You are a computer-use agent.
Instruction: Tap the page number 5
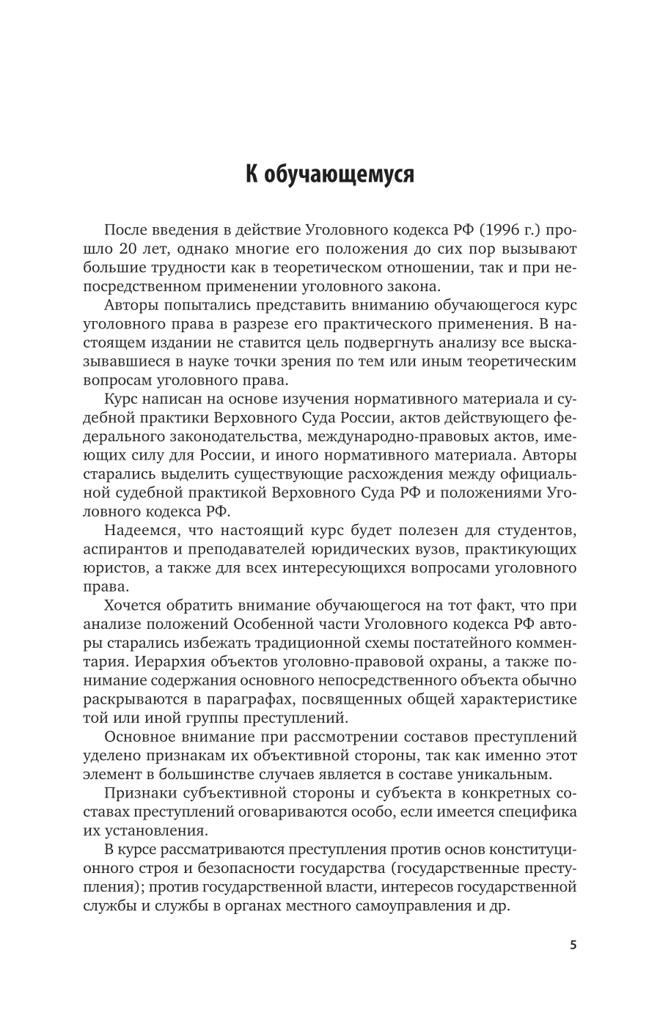(573, 945)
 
